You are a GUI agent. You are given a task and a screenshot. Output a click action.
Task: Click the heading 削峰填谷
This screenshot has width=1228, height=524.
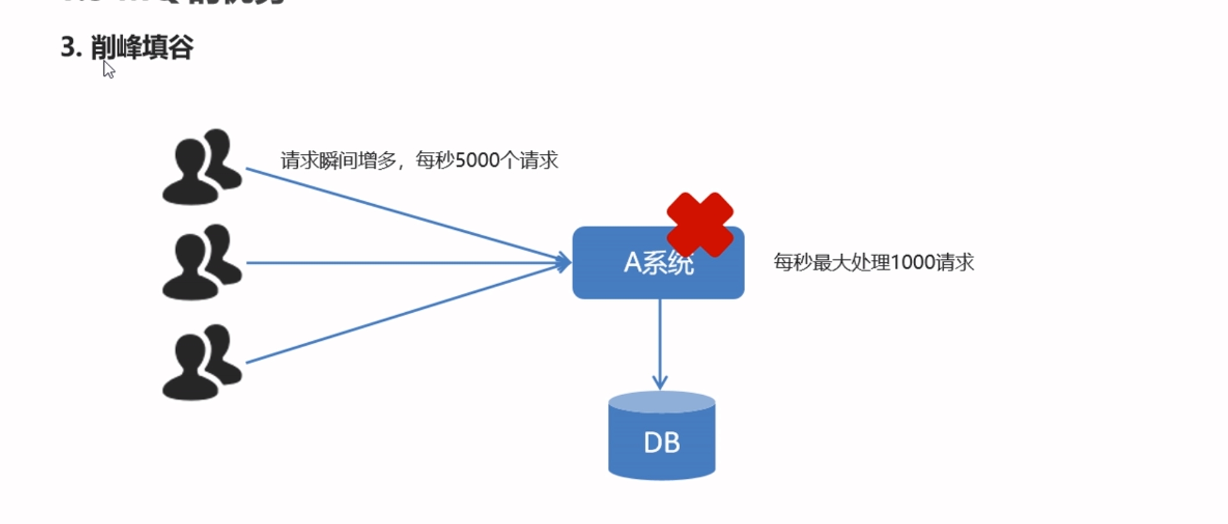tap(142, 47)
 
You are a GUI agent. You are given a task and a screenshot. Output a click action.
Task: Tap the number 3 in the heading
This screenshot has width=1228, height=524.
tap(67, 47)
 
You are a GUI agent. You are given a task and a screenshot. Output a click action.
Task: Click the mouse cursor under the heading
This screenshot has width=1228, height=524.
tap(108, 69)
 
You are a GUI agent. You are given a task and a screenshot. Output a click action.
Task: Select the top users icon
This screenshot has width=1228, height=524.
tap(202, 167)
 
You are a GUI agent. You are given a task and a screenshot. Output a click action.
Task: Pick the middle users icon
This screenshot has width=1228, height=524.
tap(202, 262)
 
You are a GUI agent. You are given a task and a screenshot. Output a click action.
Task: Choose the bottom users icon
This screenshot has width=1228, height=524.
tap(202, 363)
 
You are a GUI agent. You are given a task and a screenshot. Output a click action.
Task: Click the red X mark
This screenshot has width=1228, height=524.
tap(700, 224)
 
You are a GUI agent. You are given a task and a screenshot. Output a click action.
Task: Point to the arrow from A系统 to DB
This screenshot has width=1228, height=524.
tap(660, 345)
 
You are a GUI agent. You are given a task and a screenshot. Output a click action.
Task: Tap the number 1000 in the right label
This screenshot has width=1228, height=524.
tap(912, 262)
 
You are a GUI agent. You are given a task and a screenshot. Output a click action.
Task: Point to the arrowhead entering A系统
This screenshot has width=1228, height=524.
tap(563, 262)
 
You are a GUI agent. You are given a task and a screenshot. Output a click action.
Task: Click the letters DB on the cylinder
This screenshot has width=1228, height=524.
tap(662, 442)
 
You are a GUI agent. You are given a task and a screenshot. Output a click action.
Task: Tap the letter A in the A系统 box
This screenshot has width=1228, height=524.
tap(632, 262)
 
